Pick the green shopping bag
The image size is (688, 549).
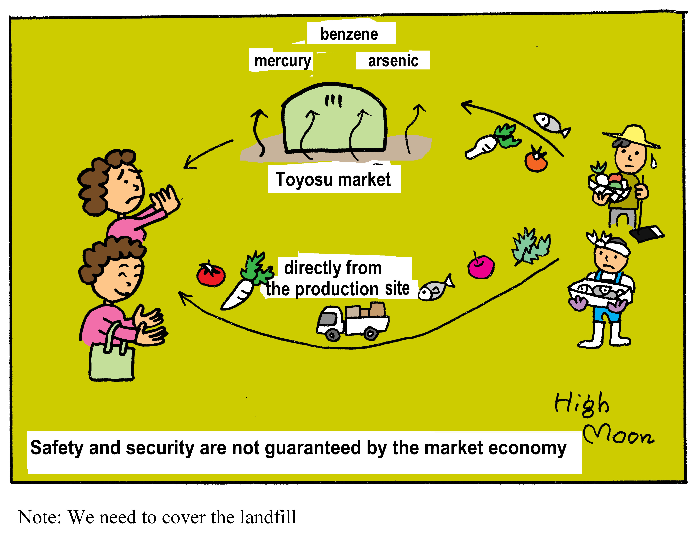112,362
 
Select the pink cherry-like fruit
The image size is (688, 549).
481,266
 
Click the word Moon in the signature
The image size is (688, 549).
617,436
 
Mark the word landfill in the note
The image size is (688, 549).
268,517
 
